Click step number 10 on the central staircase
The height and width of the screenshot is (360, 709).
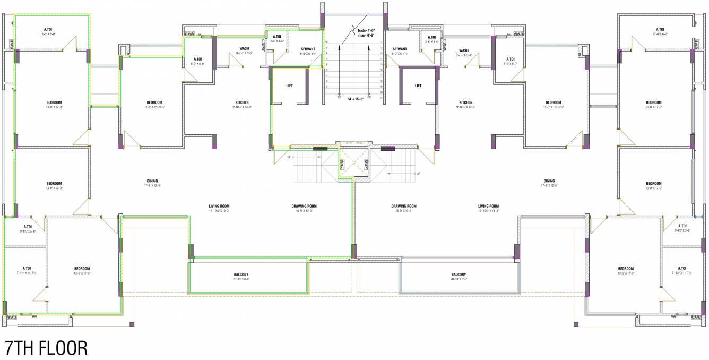click(327, 42)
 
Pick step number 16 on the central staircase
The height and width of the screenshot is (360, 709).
click(381, 70)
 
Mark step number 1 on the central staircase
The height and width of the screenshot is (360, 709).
click(327, 92)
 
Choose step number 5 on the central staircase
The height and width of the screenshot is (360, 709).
click(327, 70)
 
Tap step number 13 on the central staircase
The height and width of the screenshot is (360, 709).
click(381, 53)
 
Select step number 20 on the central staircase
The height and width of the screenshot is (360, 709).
click(381, 92)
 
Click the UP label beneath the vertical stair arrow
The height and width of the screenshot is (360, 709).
click(339, 97)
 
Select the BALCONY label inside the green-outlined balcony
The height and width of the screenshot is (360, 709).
click(241, 275)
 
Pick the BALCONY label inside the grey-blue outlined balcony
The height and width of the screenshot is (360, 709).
click(459, 275)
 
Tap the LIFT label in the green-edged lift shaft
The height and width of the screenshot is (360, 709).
click(289, 85)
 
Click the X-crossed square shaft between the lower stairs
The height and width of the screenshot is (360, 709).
click(350, 162)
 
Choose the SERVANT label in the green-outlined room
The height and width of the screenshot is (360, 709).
click(308, 49)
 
